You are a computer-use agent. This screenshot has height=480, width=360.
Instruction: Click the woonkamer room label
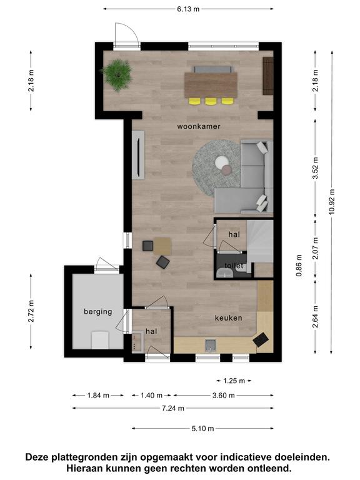pos(199,126)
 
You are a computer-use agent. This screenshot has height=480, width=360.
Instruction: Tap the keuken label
pos(228,318)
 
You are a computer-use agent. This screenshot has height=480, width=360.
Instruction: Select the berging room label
pos(98,312)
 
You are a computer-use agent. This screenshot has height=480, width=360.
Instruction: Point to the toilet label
pos(234,266)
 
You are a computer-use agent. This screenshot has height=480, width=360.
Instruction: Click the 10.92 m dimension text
pos(332,202)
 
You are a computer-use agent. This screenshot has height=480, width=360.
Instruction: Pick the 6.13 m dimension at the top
pos(188,9)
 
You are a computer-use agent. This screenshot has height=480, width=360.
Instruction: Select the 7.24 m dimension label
pos(173,408)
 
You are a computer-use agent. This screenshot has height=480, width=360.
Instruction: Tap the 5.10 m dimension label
pos(202,429)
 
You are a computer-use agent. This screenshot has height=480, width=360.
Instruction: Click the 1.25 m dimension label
pos(234,381)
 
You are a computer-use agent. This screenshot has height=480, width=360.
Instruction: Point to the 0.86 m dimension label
pos(299,266)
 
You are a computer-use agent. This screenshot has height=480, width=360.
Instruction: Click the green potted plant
pos(117,75)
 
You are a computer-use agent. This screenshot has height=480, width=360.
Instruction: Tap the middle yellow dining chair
pos(211,101)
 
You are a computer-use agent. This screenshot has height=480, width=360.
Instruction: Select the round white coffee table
pos(221,162)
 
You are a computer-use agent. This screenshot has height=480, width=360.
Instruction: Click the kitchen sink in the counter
pos(210,345)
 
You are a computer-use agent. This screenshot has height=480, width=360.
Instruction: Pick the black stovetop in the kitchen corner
pos(261,339)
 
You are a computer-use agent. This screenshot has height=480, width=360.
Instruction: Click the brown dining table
pos(211,85)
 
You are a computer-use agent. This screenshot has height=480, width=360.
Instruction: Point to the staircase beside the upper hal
pos(260,242)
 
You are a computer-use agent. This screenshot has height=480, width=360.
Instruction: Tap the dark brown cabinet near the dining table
pos(268,76)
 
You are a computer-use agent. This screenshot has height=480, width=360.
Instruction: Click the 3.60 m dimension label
pos(224,396)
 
